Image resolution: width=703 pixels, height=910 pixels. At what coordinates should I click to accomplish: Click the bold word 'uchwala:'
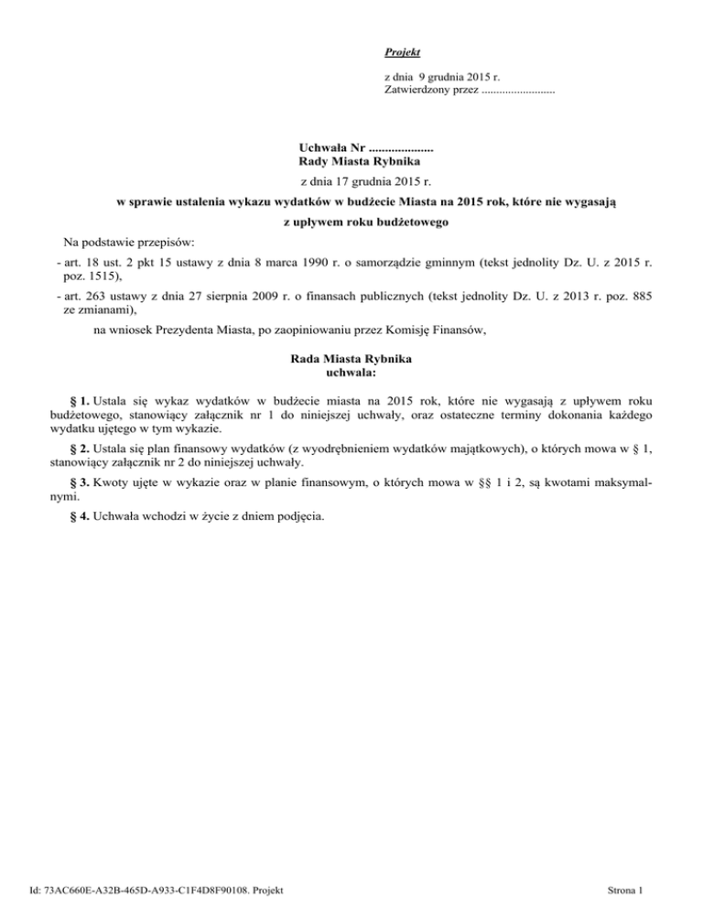tap(351, 373)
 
